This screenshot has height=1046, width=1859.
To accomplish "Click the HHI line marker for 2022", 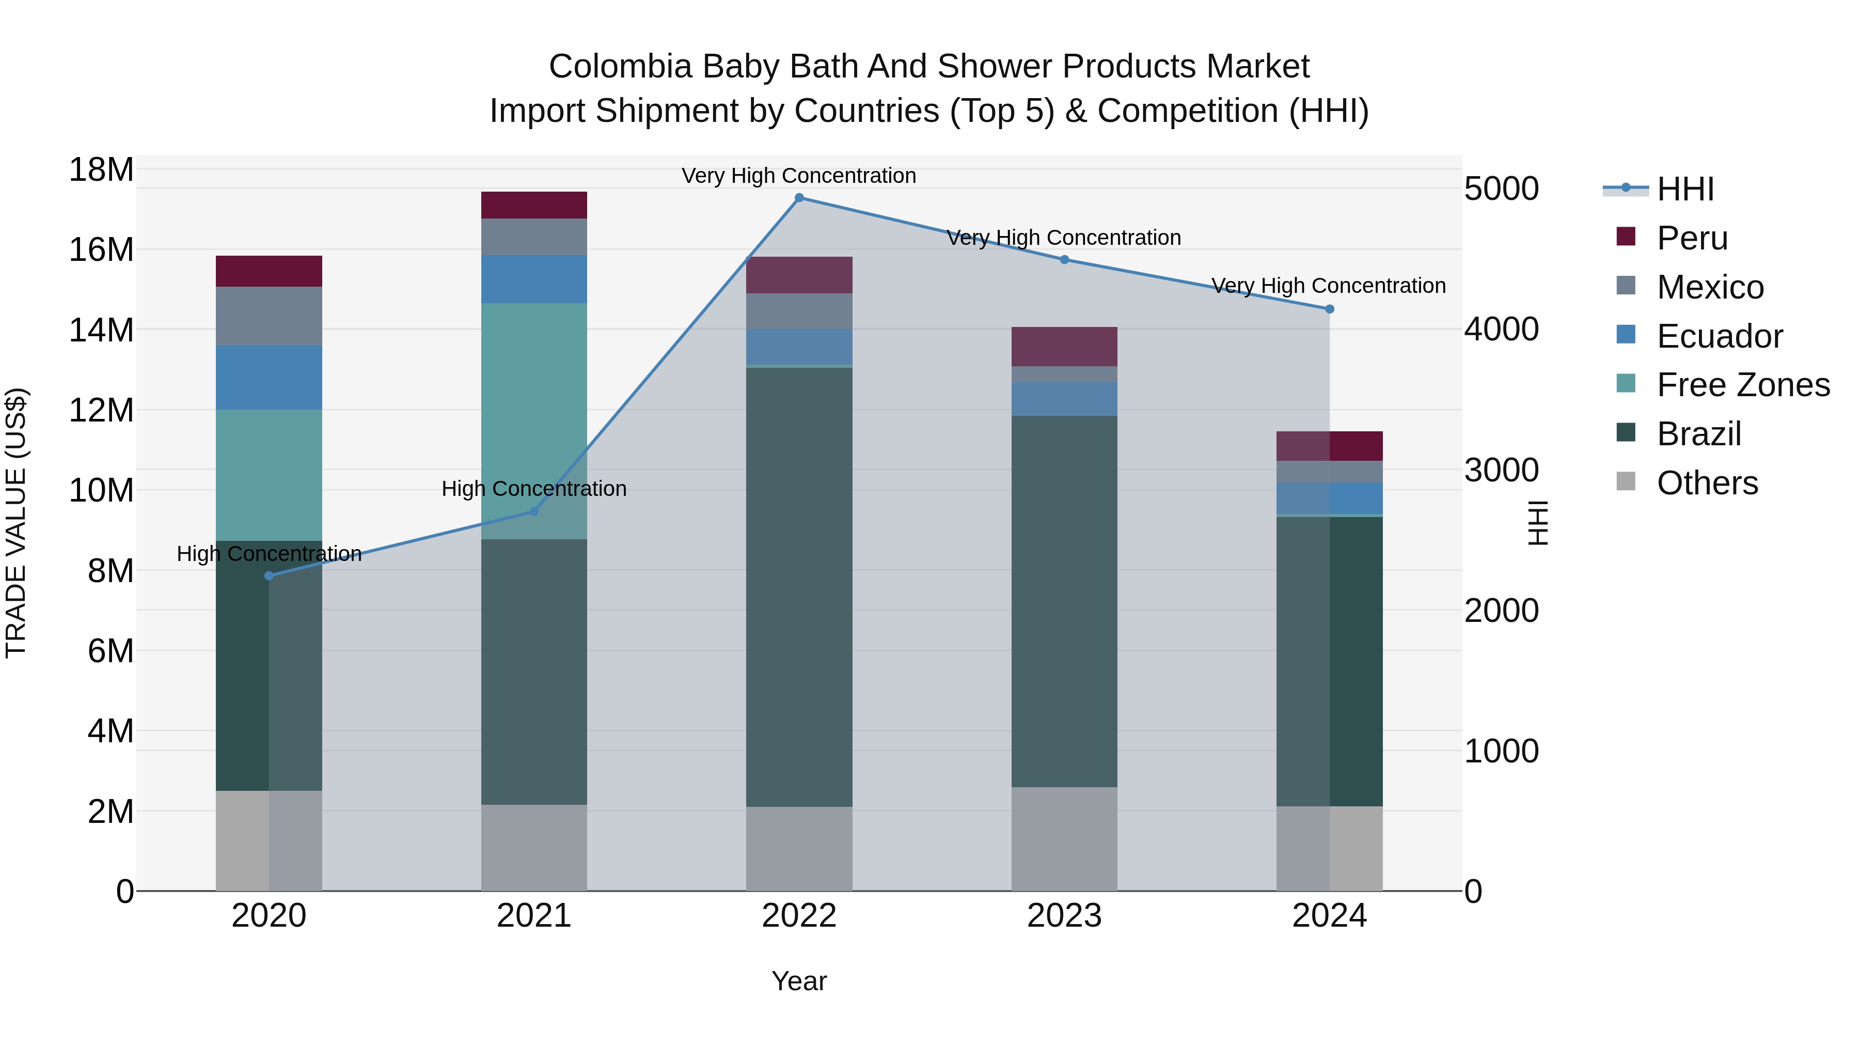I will coord(799,198).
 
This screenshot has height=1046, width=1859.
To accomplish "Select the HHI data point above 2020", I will coord(269,576).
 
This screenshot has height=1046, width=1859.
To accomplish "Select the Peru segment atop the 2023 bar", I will coord(1064,347).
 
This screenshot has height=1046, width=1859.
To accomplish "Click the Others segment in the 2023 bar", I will coord(1064,839).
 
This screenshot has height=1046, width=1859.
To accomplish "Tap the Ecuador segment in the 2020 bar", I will coord(269,378).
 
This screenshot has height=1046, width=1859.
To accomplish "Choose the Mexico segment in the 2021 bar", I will coord(534,237).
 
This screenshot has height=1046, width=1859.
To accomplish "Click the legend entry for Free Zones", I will coord(1743,385).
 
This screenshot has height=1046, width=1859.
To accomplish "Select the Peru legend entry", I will coord(1692,238).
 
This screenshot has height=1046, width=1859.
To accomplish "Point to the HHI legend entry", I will coord(1684,189).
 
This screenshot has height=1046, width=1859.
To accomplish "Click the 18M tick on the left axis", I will coord(101,170).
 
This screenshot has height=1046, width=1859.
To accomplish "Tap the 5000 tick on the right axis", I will coord(1501,189).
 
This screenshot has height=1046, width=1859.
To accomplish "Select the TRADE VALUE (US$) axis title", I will coord(16,523).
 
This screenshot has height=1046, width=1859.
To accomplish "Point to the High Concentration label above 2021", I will coord(534,489).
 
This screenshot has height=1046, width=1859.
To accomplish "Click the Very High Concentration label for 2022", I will coord(799,176).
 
